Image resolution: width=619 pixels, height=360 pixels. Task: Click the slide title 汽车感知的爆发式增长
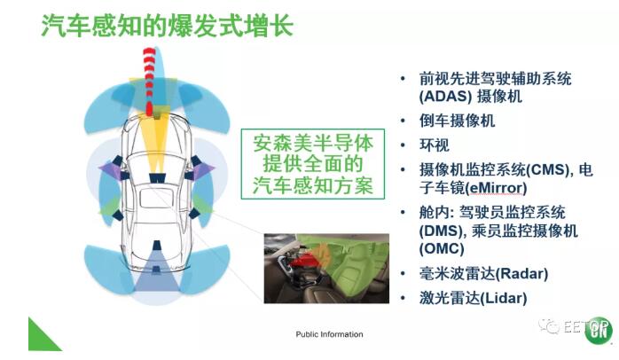168,25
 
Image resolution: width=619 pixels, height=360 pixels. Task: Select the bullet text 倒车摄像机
457,121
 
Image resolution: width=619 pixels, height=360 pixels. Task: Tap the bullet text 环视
435,145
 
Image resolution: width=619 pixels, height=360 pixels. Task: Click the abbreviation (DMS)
440,231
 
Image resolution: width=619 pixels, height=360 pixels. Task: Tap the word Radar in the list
521,274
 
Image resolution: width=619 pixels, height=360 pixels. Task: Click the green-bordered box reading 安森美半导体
313,164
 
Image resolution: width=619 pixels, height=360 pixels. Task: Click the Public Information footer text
329,334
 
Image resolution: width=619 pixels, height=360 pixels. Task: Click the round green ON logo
598,331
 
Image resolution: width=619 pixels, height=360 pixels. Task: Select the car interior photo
326,269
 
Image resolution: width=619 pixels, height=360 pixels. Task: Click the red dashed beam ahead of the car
149,81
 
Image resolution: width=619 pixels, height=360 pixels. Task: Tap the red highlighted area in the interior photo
306,259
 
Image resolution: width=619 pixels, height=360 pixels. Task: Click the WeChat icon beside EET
549,326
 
